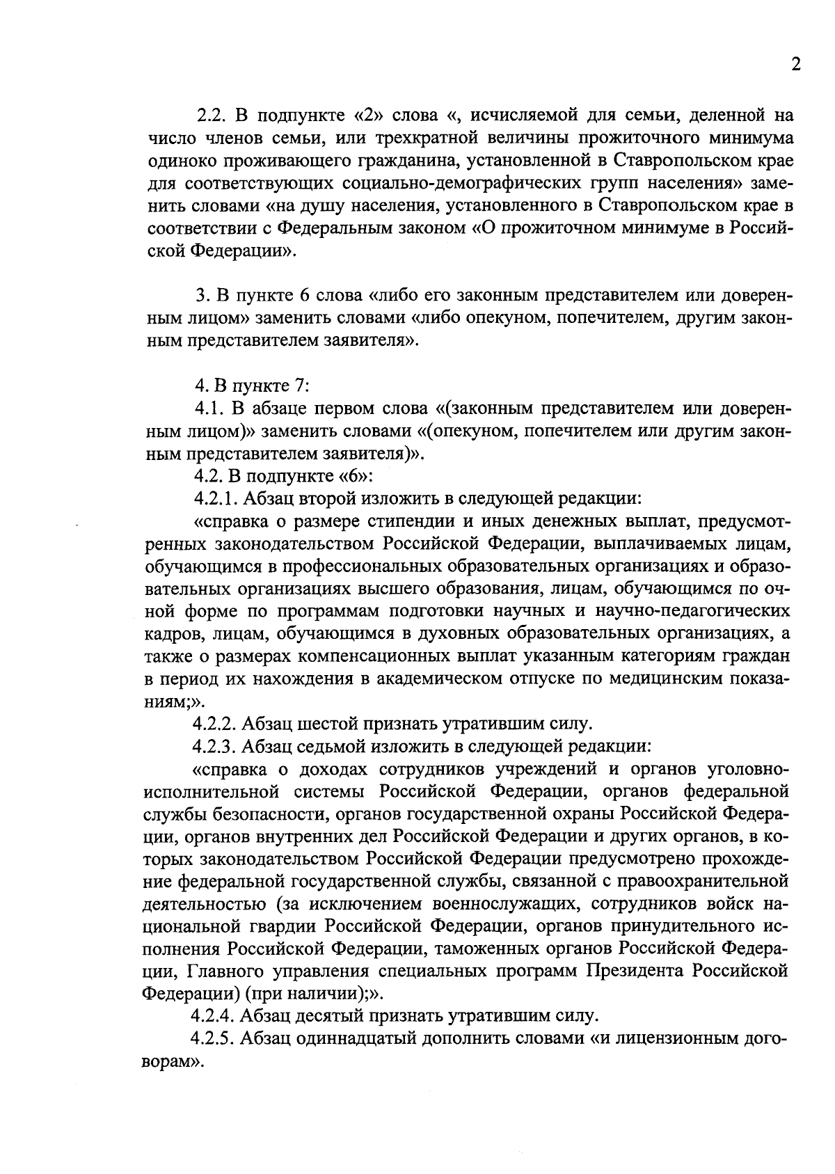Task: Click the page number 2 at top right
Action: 796,65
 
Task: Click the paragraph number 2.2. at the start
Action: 210,115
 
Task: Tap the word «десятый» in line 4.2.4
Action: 335,1016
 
